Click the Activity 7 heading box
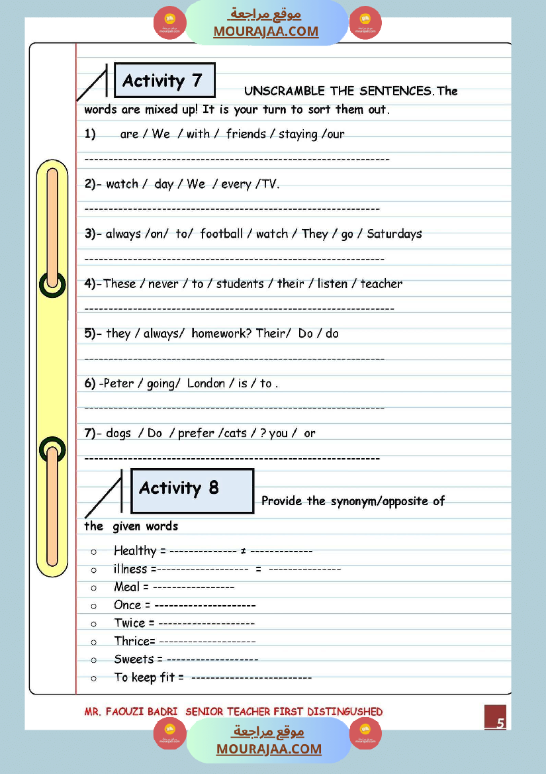tap(164, 81)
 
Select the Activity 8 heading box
tap(192, 491)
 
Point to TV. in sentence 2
tap(270, 184)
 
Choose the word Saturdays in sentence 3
tap(394, 234)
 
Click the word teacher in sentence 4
tap(381, 283)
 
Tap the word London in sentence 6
tap(206, 383)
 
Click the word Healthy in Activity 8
tap(135, 551)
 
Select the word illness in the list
tap(130, 569)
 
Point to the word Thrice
tap(132, 641)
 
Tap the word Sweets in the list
tap(134, 659)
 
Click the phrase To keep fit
tap(145, 677)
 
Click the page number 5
tap(500, 723)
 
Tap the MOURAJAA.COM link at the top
tap(265, 31)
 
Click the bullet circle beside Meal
tap(94, 587)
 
